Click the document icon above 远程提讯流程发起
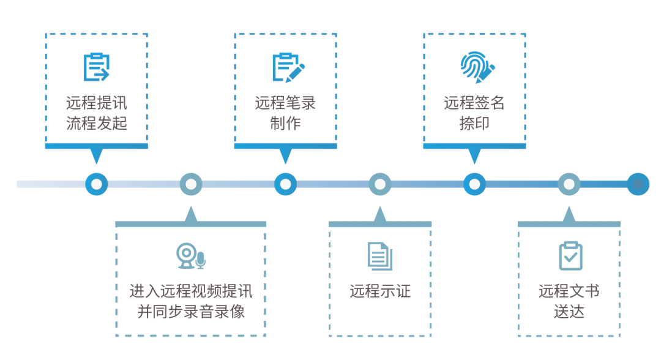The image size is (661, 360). coord(96,67)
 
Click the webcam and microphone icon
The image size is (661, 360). coord(191,257)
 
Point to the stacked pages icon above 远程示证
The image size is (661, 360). coord(380,256)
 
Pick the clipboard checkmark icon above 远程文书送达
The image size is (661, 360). coord(570,256)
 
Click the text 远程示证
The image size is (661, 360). coord(380,291)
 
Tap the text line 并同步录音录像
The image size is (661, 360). coord(191,311)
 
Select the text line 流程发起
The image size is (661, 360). coord(97,123)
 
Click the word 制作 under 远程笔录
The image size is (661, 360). coord(285,123)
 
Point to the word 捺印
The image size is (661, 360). coord(474,123)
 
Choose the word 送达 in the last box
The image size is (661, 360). coord(569,311)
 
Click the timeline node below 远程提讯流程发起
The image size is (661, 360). coord(96,184)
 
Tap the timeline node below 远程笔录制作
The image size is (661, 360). coord(285,184)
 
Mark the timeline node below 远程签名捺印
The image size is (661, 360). coord(474,184)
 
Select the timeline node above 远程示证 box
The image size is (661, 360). coord(380,184)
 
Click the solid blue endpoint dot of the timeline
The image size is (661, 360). coord(638,184)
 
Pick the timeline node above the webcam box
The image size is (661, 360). coord(191,184)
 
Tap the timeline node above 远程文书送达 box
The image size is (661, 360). coord(569,184)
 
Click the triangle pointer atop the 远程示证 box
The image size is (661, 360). coord(380,215)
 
